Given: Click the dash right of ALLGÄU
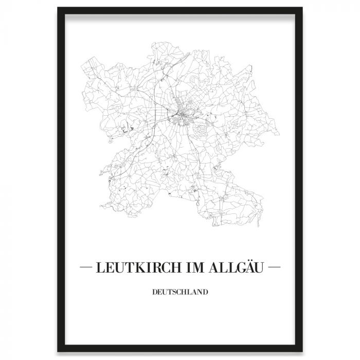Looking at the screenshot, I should (275, 268).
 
